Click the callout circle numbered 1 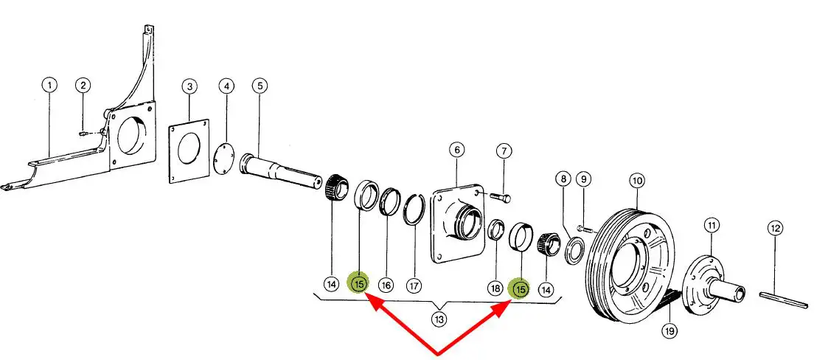tap(49, 86)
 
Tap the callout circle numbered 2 tap(83, 86)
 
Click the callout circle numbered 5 tap(259, 86)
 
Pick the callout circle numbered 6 tap(456, 150)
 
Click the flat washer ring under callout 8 tap(573, 250)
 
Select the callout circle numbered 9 tap(584, 179)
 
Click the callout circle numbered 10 tap(637, 180)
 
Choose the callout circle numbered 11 tap(711, 225)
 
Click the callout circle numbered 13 tap(439, 319)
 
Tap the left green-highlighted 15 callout tap(360, 283)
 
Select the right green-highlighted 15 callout tap(521, 289)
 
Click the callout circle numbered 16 tap(386, 284)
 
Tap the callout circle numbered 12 tap(774, 229)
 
